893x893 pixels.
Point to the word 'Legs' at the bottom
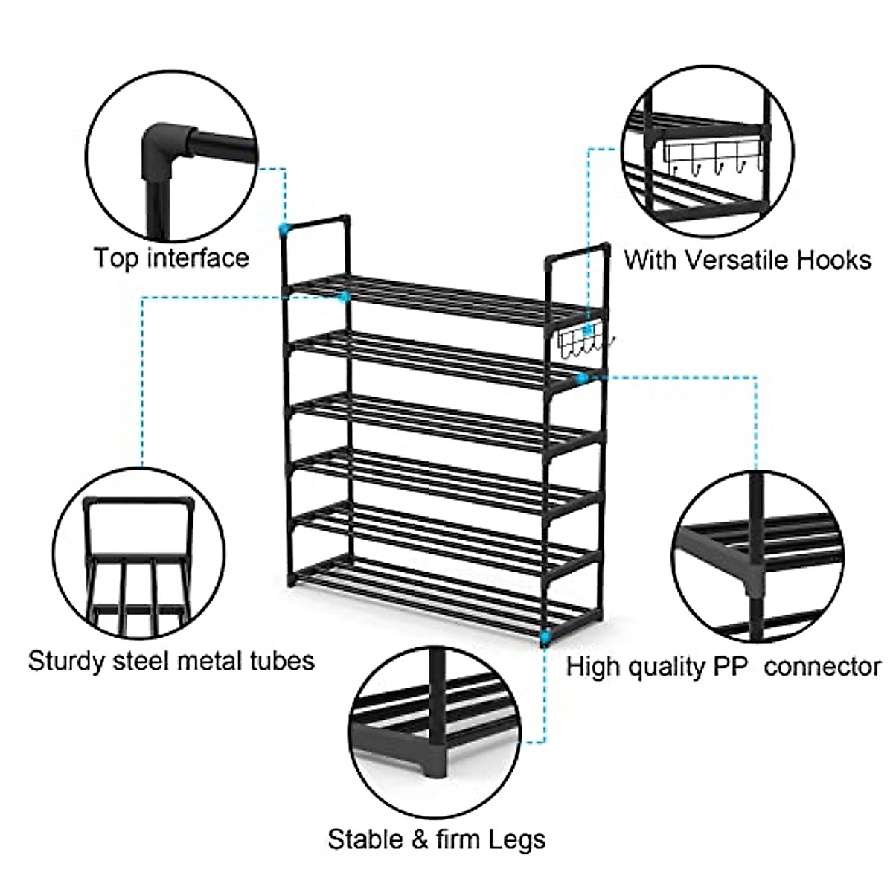point(517,839)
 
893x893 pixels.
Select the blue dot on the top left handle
point(283,228)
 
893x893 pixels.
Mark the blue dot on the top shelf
point(344,297)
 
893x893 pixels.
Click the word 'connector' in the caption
point(822,666)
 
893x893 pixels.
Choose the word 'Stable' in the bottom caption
point(364,839)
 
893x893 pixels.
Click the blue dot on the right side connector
point(583,378)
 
